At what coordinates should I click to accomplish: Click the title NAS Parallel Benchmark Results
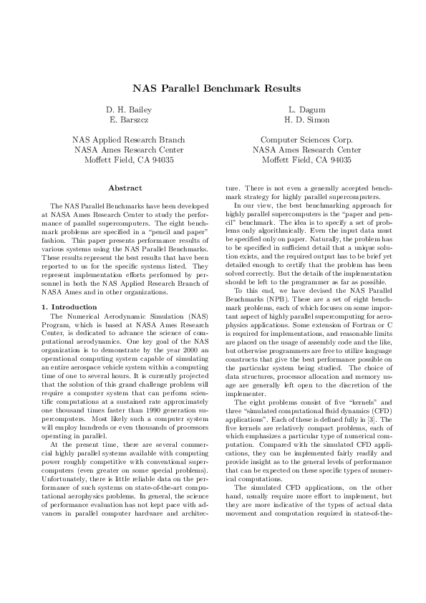tap(213, 89)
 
